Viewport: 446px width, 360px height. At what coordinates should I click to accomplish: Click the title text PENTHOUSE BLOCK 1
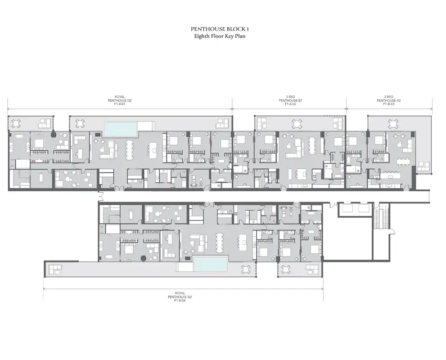pyautogui.click(x=220, y=29)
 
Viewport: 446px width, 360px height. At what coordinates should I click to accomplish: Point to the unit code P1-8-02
pyautogui.click(x=290, y=104)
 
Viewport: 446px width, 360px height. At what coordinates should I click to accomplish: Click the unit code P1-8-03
pyautogui.click(x=389, y=104)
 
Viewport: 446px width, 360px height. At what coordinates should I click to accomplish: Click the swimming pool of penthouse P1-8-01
pyautogui.click(x=120, y=128)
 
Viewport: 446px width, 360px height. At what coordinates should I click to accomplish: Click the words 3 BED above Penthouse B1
pyautogui.click(x=290, y=96)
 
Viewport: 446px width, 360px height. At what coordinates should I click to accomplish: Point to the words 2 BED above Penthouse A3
pyautogui.click(x=389, y=96)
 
